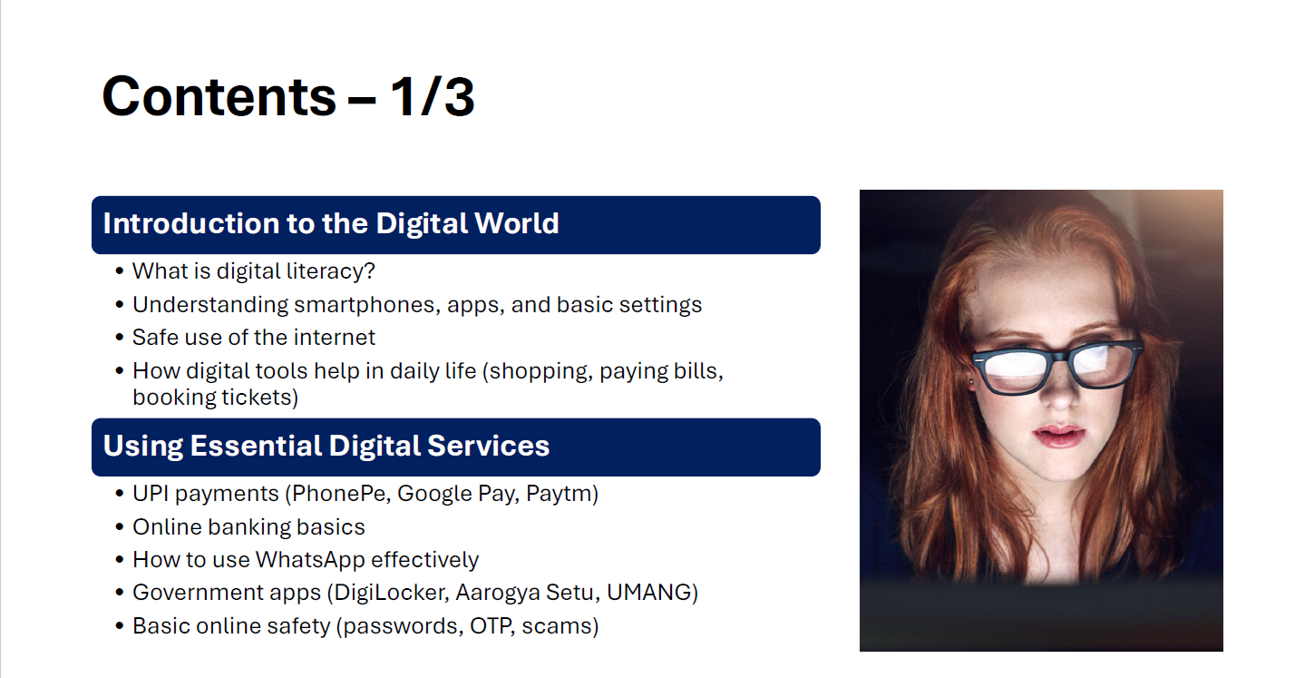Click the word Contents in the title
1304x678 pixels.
[219, 96]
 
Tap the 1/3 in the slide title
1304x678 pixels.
[433, 96]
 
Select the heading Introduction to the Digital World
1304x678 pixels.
[331, 224]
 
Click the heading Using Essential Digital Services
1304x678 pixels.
[326, 447]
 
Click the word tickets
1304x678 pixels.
[256, 398]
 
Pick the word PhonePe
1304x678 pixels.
[341, 494]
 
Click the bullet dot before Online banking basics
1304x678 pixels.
[120, 527]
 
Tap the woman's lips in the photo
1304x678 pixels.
[1058, 437]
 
